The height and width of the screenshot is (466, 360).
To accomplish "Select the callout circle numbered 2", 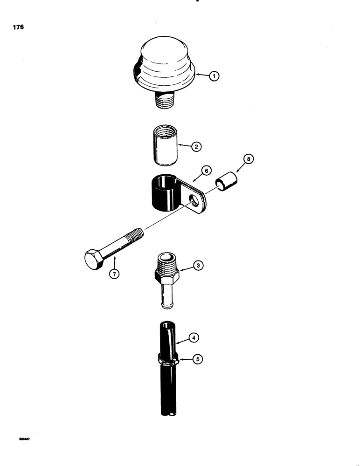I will (196, 147).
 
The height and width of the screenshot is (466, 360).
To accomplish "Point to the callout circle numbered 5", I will (197, 359).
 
